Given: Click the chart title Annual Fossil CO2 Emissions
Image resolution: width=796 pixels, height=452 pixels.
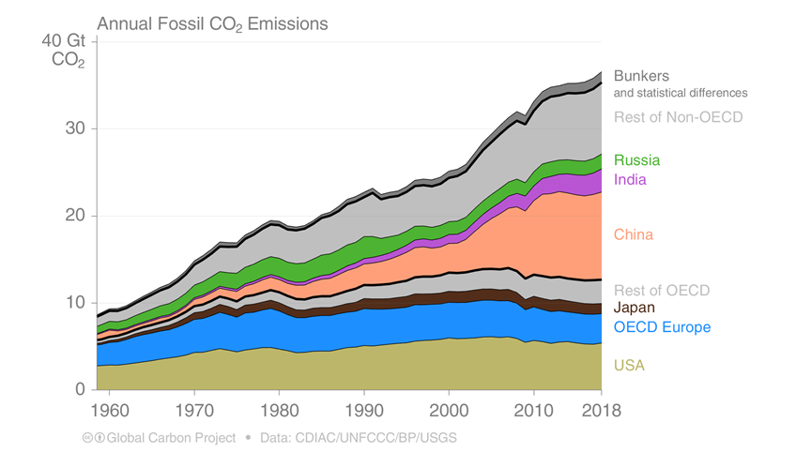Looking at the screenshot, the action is click(212, 24).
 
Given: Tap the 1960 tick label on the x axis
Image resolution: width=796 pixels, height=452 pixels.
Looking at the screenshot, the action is click(110, 410).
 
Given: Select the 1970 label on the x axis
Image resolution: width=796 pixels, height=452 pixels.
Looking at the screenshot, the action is click(194, 410).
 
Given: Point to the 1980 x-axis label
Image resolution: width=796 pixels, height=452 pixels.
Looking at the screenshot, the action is click(279, 410).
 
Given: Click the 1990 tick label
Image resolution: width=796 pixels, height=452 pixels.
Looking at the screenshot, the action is click(364, 410).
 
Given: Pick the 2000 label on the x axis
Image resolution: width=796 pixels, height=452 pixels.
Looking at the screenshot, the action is click(449, 410).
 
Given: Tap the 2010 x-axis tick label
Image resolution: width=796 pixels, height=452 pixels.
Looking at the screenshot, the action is click(533, 410).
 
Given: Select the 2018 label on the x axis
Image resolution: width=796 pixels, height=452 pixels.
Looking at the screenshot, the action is click(602, 410).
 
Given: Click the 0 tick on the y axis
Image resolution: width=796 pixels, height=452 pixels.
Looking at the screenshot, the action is click(80, 389).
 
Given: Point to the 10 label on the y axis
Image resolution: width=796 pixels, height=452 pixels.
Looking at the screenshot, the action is click(75, 302).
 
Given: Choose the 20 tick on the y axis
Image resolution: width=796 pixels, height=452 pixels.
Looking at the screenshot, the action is click(75, 215).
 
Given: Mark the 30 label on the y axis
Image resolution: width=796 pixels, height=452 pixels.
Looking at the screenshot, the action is click(75, 128).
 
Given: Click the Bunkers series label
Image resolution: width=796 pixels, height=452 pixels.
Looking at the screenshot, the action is click(642, 76).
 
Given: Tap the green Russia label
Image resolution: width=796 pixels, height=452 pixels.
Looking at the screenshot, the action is click(637, 160).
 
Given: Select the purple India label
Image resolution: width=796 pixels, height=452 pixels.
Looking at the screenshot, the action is click(630, 180).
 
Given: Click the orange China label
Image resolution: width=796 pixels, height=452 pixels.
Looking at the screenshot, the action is click(634, 234).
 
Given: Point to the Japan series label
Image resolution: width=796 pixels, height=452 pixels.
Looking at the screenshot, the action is click(635, 308).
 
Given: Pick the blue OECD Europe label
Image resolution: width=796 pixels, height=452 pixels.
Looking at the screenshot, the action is click(663, 327).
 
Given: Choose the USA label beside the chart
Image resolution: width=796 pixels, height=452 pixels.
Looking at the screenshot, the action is click(629, 365).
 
